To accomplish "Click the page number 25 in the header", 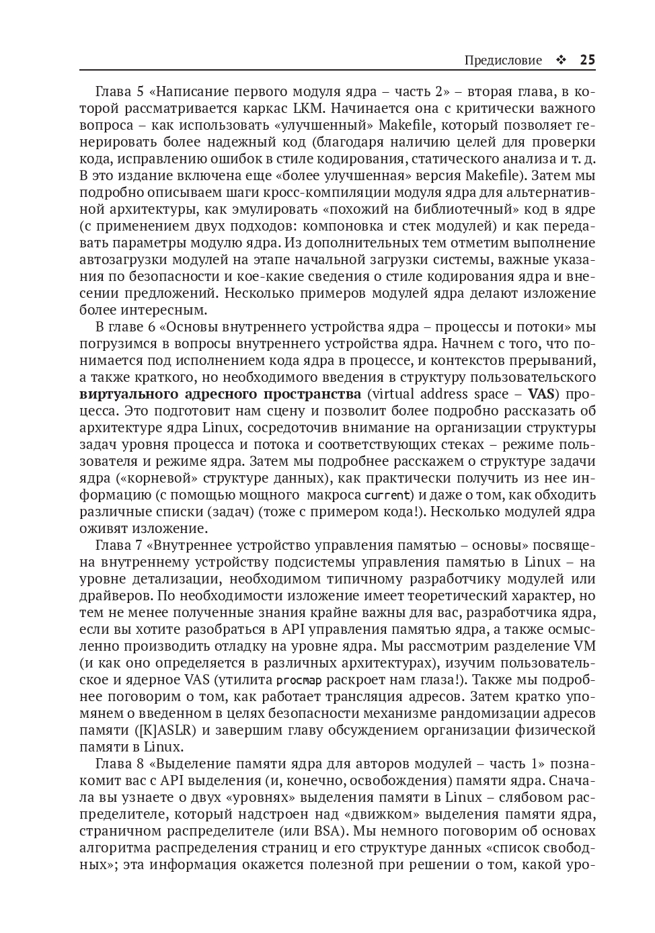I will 587,60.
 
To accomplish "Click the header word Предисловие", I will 502,60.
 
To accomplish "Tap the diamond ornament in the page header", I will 561,60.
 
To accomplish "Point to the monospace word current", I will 387,495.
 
